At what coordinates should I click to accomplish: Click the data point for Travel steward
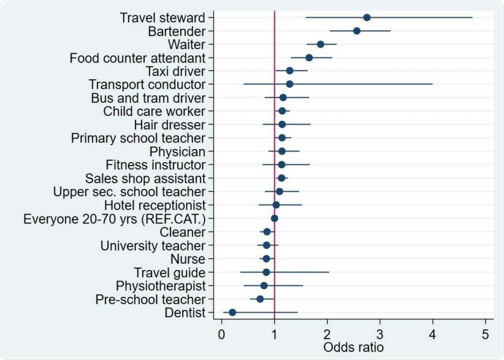click(x=367, y=17)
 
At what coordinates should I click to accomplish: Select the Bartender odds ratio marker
click(x=357, y=31)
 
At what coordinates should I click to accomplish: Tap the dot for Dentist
click(x=232, y=312)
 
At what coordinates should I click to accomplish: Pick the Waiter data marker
click(x=321, y=44)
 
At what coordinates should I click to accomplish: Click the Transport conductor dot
click(x=289, y=84)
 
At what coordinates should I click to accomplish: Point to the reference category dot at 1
click(x=274, y=218)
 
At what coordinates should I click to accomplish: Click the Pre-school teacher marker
click(x=260, y=299)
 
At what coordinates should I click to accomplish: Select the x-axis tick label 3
click(x=380, y=335)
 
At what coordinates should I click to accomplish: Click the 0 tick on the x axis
click(x=221, y=335)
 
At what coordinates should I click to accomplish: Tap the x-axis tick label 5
click(x=485, y=335)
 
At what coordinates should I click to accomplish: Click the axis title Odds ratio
click(x=353, y=348)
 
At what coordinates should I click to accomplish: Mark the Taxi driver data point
click(x=289, y=71)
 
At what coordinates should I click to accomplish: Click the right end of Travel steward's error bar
click(x=472, y=17)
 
